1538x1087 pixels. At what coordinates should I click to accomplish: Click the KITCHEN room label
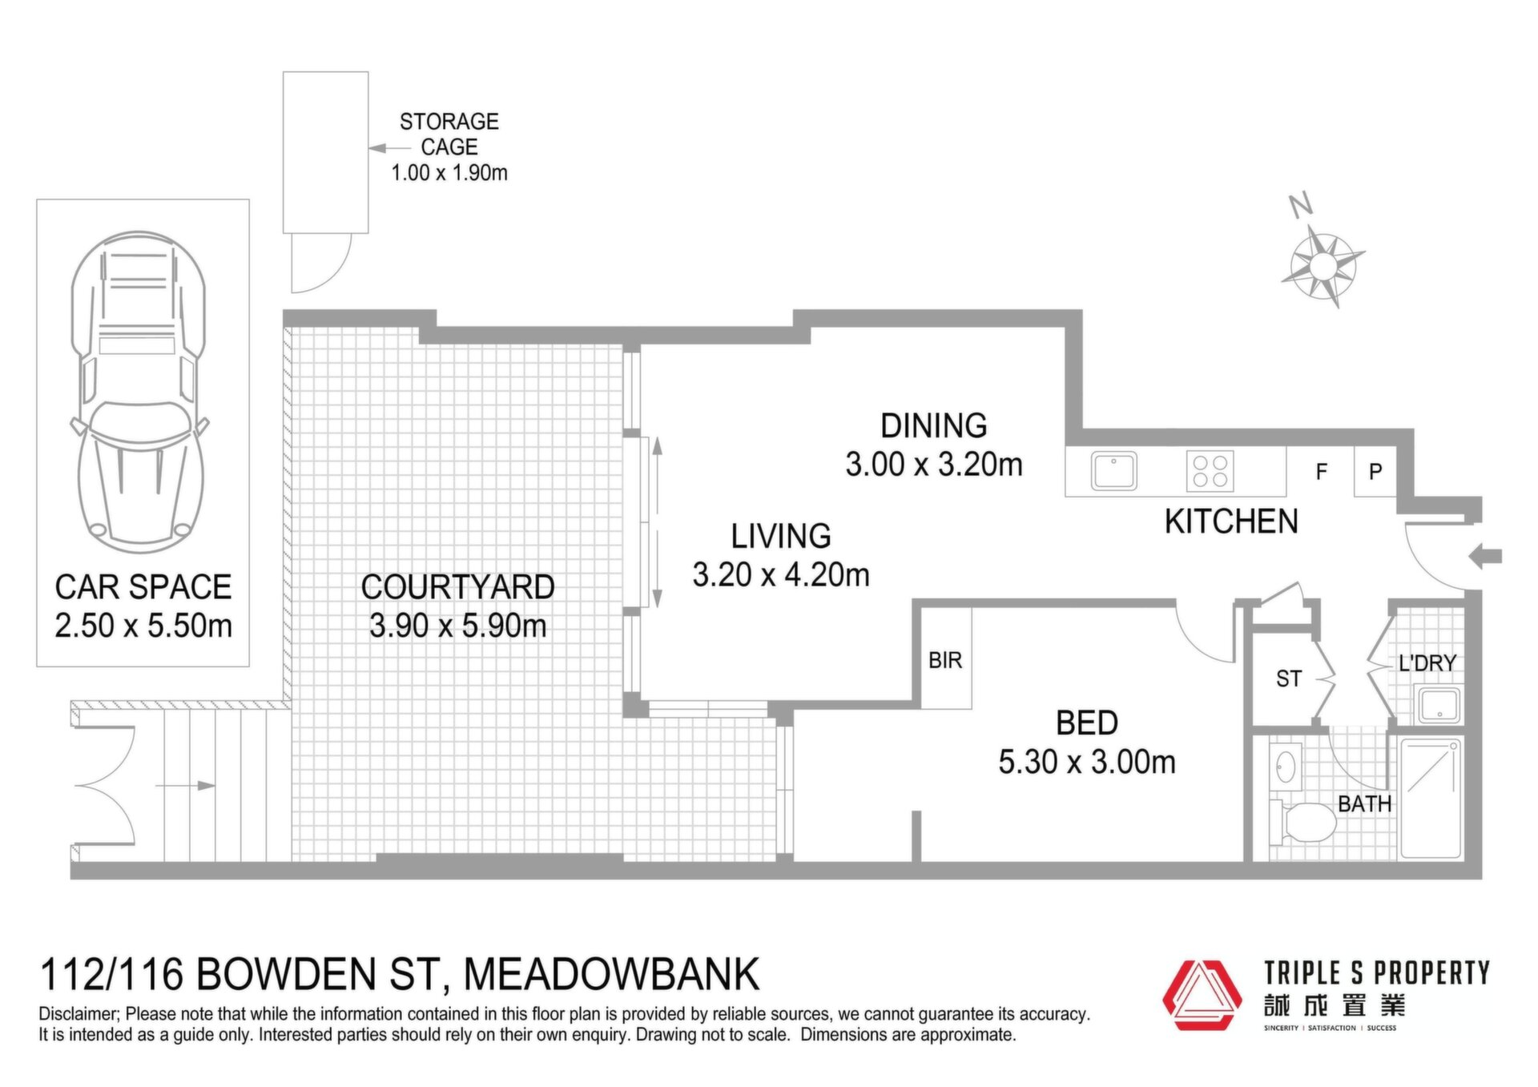[x=1231, y=521]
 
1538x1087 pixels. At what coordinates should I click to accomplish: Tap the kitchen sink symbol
[x=1113, y=471]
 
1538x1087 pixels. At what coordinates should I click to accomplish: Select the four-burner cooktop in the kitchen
[x=1210, y=470]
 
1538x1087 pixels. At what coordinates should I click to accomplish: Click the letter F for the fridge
[x=1322, y=472]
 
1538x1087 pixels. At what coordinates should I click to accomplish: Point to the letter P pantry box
[x=1375, y=472]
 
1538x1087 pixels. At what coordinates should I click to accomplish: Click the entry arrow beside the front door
[x=1485, y=556]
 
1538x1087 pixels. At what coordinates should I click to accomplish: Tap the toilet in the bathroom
[x=1302, y=822]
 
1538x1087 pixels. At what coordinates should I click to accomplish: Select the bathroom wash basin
[x=1286, y=767]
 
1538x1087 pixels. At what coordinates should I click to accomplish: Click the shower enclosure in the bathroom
[x=1431, y=799]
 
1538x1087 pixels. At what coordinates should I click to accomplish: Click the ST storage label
[x=1289, y=679]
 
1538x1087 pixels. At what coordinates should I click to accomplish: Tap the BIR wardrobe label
[x=945, y=660]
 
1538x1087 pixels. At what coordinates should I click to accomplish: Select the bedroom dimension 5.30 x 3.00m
[x=1087, y=762]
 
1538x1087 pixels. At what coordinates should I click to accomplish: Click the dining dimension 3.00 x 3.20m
[x=934, y=465]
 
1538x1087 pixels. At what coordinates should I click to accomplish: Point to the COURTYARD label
[x=457, y=587]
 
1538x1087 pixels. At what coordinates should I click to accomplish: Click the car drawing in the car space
[x=139, y=393]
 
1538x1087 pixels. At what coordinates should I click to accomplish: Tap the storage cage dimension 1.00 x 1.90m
[x=449, y=172]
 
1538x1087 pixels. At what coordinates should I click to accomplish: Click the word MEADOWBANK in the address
[x=611, y=975]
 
